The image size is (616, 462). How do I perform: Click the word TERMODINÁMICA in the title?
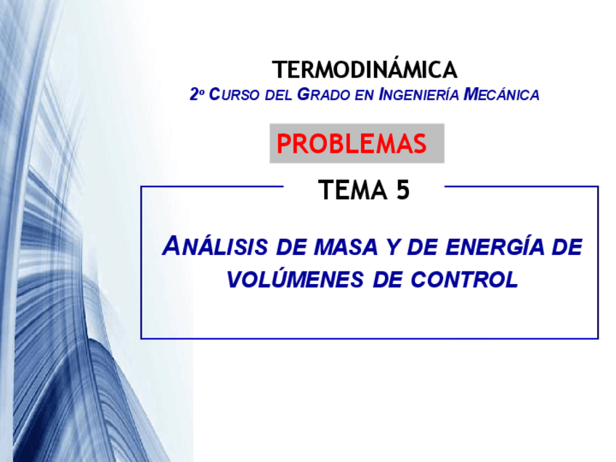click(365, 70)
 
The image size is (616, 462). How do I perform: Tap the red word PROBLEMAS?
click(352, 144)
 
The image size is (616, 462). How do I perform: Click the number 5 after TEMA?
click(402, 190)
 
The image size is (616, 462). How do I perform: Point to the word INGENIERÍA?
click(419, 95)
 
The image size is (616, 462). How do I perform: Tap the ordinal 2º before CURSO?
click(196, 94)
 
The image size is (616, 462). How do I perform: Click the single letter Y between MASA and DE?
click(386, 248)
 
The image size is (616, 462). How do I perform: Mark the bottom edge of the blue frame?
click(369, 339)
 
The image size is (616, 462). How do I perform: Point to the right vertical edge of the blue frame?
click(598, 262)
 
